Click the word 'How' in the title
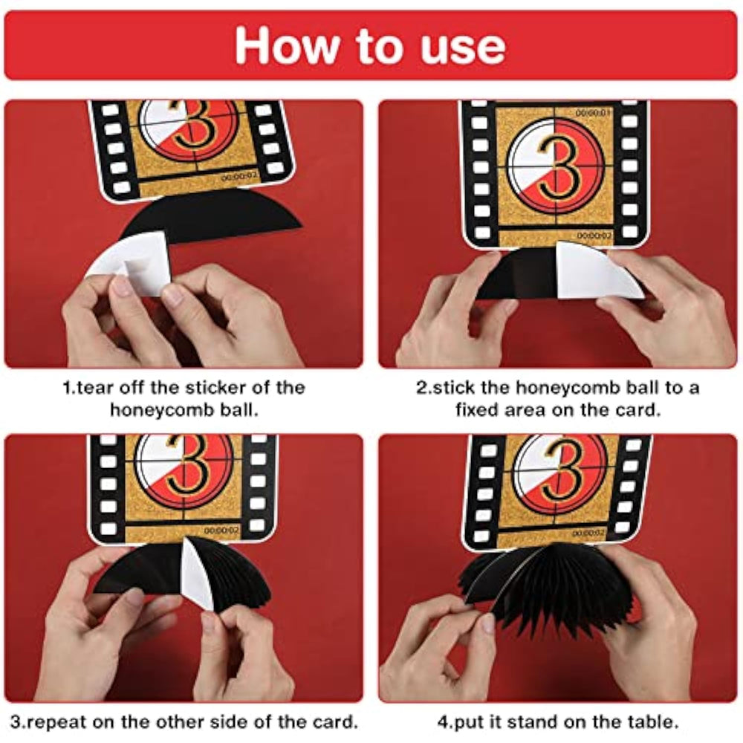coord(287,45)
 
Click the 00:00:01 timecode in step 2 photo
coord(594,113)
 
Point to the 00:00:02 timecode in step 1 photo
coord(239,176)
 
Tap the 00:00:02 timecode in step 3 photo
coord(221,531)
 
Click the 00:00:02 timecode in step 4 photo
coord(588,533)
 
